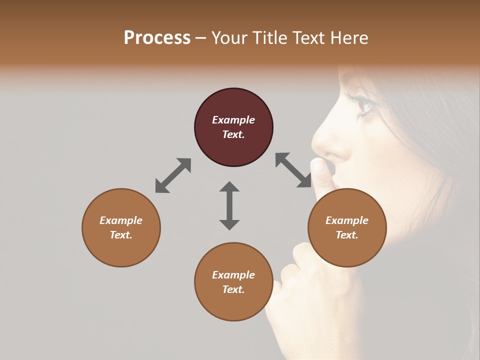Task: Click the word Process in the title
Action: (157, 38)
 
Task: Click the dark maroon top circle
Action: (233, 127)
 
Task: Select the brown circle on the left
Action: (121, 227)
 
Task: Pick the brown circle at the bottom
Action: (233, 281)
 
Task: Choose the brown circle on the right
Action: (346, 227)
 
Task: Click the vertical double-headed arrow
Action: (229, 205)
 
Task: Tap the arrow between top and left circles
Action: (173, 175)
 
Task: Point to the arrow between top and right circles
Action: (293, 170)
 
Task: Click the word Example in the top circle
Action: (233, 120)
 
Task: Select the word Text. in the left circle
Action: (121, 235)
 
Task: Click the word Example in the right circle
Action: (346, 220)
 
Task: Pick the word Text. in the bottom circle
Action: (233, 289)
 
